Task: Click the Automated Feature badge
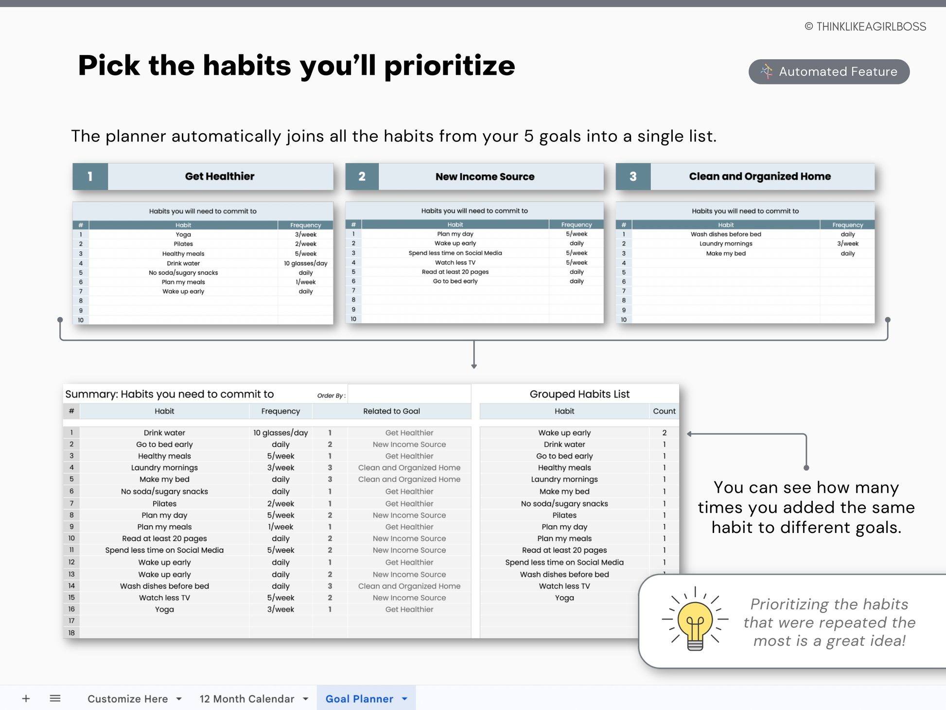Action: (x=829, y=72)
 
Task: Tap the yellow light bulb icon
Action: (x=695, y=620)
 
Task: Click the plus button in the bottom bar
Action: (x=26, y=698)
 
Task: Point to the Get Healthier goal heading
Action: (x=220, y=177)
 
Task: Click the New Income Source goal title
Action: (x=485, y=177)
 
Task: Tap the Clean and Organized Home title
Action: (x=760, y=177)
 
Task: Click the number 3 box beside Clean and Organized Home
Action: (x=633, y=177)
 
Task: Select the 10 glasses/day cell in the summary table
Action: (x=280, y=433)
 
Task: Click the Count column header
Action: (x=664, y=411)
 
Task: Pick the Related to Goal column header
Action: (x=391, y=411)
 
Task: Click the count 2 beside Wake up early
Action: (x=664, y=433)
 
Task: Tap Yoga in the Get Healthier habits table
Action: (x=183, y=234)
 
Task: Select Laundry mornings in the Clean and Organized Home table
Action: (x=726, y=244)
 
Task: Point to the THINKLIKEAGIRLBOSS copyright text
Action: (x=865, y=27)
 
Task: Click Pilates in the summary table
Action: (x=164, y=504)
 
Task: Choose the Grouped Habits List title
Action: (x=579, y=394)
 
